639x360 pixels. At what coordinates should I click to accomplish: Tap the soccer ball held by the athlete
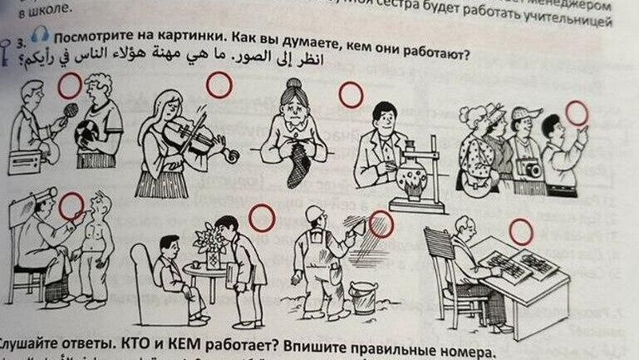88,135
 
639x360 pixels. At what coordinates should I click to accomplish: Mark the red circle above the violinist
219,84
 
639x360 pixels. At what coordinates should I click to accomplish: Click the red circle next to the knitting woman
351,96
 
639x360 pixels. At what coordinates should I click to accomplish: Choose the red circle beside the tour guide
578,112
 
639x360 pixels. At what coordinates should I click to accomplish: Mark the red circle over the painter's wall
381,224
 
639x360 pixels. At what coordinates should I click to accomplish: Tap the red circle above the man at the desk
521,231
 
